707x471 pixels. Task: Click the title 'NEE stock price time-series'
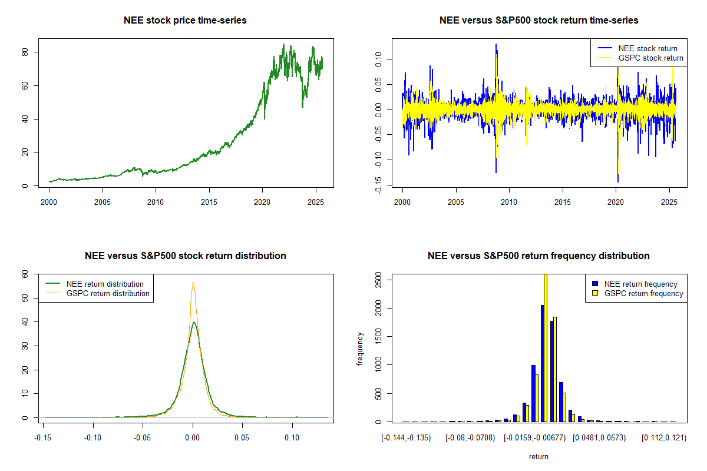[185, 21]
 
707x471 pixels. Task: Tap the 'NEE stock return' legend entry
[647, 48]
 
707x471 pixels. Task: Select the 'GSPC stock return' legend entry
[650, 58]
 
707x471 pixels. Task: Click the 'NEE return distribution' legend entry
[105, 284]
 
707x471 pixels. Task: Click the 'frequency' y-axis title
[360, 349]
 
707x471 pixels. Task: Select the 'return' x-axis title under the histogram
[538, 456]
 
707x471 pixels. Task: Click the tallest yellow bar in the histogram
[546, 347]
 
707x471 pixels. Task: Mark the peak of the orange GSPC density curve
[193, 283]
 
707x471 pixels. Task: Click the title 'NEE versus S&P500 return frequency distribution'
[538, 256]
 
